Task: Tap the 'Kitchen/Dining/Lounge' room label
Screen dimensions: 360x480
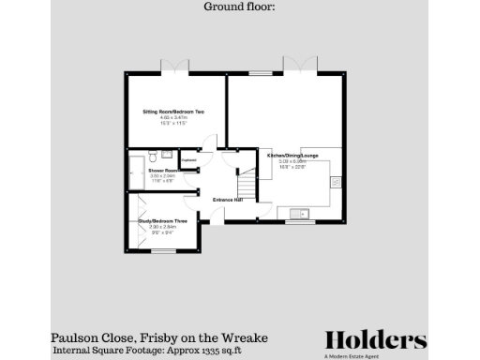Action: point(288,155)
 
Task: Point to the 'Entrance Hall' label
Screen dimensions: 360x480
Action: point(228,200)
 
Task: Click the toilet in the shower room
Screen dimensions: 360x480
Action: point(166,155)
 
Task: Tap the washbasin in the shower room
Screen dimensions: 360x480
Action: point(150,154)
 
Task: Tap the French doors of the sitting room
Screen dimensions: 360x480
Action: point(175,69)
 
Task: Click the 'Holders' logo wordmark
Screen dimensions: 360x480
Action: point(376,339)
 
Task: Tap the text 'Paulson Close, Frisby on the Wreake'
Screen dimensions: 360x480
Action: point(159,337)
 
